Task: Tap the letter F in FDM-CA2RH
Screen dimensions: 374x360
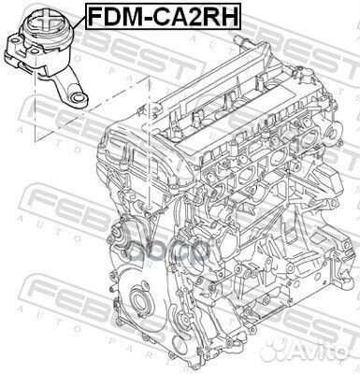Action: (x=94, y=16)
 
